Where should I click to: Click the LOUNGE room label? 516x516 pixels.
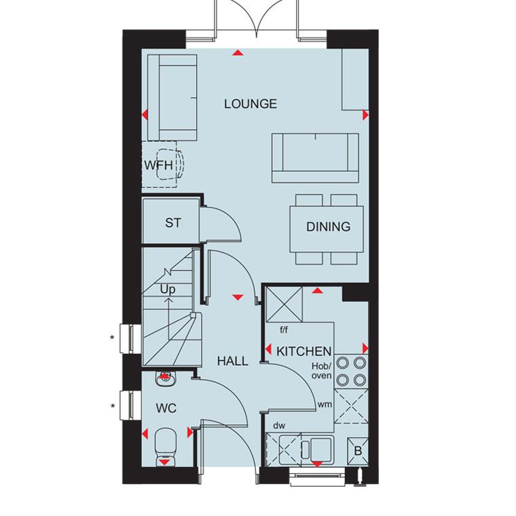[x=251, y=104]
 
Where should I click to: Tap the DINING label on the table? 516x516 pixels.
[x=328, y=227]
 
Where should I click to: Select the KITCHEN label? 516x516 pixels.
[x=303, y=352]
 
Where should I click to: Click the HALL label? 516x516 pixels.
[x=232, y=361]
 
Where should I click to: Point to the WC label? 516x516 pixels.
[x=166, y=409]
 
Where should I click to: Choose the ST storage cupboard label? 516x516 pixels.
[x=172, y=223]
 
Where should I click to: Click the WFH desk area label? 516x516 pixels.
[x=159, y=165]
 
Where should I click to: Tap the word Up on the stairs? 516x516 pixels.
[x=168, y=290]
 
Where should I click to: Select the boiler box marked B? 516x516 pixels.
[x=358, y=451]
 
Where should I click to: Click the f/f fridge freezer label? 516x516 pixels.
[x=284, y=329]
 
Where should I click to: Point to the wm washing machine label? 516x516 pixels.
[x=325, y=405]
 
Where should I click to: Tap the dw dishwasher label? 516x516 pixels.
[x=279, y=426]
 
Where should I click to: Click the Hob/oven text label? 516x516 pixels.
[x=322, y=371]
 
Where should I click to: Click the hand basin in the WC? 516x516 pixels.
[x=165, y=379]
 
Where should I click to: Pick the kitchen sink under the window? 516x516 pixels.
[x=306, y=450]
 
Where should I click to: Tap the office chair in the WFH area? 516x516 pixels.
[x=170, y=164]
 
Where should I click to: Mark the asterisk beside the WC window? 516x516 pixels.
[x=113, y=407]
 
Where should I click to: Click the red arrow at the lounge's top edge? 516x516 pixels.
[x=238, y=53]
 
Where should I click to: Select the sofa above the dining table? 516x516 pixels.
[x=315, y=158]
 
